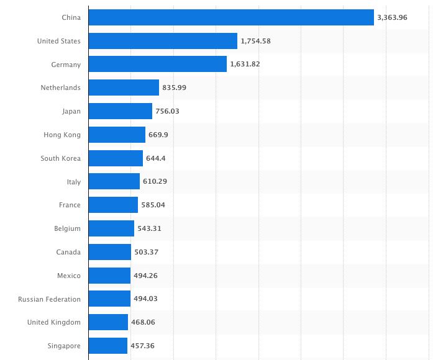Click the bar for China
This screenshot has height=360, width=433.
click(231, 17)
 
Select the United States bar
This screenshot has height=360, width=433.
click(163, 41)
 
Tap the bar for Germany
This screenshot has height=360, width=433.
click(158, 65)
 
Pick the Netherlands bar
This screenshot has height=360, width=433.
click(124, 88)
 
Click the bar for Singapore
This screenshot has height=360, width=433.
click(108, 346)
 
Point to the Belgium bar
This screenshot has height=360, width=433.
click(111, 228)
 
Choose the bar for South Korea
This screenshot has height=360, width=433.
click(116, 158)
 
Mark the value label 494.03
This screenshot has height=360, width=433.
click(145, 299)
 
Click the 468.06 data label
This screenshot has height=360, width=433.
click(143, 322)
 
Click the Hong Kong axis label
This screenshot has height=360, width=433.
click(62, 135)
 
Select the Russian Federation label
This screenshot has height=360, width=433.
click(49, 299)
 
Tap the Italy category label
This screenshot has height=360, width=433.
click(73, 182)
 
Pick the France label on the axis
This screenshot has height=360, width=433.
click(70, 205)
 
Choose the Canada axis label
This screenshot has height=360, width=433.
click(68, 252)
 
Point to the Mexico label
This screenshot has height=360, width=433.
click(68, 276)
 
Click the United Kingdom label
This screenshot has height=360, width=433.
click(54, 322)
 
